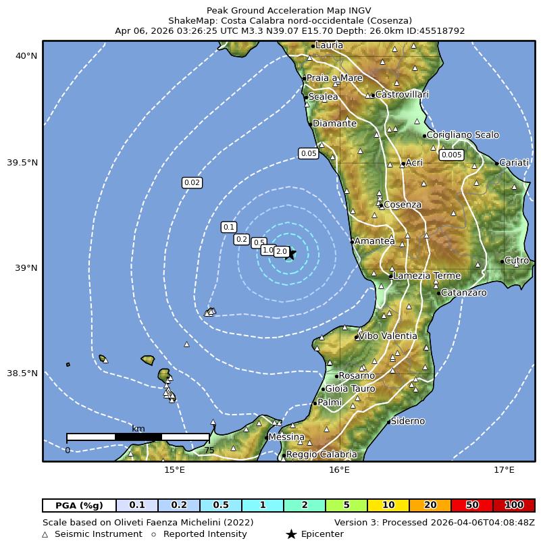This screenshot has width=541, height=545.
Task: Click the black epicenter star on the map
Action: (290, 254)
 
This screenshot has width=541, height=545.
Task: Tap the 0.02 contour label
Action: (192, 183)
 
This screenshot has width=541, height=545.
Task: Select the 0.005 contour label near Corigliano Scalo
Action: (451, 155)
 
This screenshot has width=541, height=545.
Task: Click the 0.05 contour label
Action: (309, 154)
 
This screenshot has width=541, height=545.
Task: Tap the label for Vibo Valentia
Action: (388, 336)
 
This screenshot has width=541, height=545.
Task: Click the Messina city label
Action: (286, 438)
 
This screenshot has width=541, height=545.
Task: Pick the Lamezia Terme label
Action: (427, 276)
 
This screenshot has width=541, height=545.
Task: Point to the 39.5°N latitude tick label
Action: (26, 163)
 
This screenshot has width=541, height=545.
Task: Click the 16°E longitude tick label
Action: (339, 470)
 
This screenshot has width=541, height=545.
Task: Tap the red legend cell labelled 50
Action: (472, 505)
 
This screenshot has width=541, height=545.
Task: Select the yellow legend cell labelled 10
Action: (388, 505)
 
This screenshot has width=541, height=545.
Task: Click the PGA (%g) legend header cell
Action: (79, 505)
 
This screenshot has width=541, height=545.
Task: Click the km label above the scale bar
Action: (138, 428)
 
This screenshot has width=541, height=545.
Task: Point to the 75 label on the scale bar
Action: (209, 450)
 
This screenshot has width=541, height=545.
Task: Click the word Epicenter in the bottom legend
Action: (322, 534)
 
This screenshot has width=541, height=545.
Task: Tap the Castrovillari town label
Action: (402, 95)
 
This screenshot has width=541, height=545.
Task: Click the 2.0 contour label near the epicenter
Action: (282, 252)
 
